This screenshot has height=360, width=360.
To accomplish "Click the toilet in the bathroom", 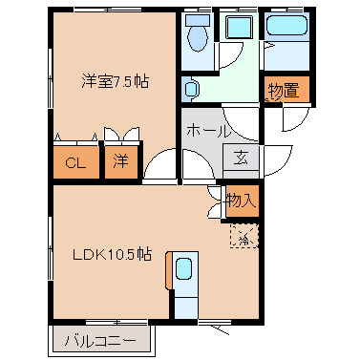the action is tap(198, 38).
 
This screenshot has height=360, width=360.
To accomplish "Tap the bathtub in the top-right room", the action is tap(286, 25).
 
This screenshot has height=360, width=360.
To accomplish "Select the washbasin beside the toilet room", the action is tap(191, 89).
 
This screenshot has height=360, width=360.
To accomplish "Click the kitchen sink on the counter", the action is tap(183, 269).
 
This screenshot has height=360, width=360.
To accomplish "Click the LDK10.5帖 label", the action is tap(112, 254).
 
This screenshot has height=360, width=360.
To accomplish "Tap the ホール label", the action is tap(207, 131).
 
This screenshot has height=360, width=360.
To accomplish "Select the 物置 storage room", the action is tap(286, 90).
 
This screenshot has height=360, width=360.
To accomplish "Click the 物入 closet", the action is tap(242, 201).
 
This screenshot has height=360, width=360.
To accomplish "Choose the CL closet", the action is tap(76, 162).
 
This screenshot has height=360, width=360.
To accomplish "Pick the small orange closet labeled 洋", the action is tap(121, 162).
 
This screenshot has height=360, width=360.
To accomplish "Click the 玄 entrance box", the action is tap(241, 158).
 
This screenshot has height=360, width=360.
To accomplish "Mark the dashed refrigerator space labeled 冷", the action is tap(244, 236).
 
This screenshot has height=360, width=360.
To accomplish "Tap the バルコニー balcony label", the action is tap(100, 341).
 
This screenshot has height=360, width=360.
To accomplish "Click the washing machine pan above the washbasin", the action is tap(240, 27).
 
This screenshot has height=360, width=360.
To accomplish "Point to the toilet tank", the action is tap(198, 20).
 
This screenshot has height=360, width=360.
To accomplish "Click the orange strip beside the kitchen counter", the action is tap(169, 270).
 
